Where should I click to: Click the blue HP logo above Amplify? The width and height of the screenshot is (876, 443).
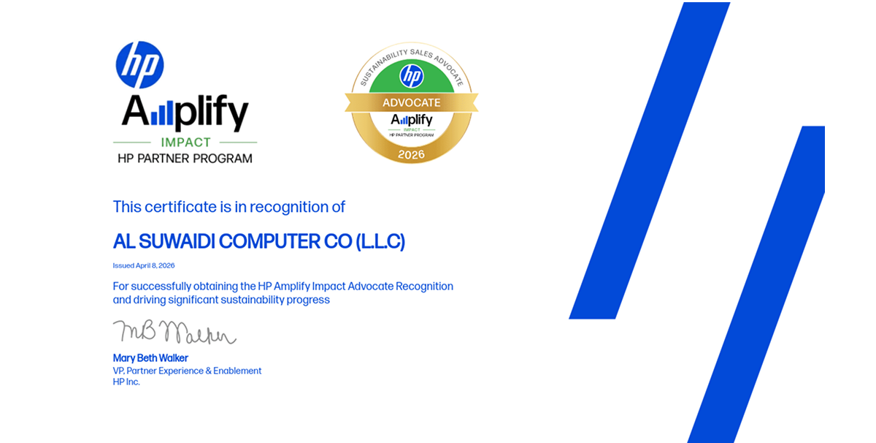click(139, 65)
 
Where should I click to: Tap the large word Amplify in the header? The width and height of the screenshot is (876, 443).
click(185, 113)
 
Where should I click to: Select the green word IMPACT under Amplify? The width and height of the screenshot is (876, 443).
click(185, 143)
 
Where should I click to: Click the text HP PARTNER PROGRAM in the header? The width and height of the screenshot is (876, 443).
click(185, 158)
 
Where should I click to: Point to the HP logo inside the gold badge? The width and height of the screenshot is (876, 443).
click(412, 75)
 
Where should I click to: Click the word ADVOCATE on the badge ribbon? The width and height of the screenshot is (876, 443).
click(412, 103)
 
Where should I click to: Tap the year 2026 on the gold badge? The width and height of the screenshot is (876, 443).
click(412, 155)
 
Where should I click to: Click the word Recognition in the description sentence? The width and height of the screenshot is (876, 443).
click(424, 286)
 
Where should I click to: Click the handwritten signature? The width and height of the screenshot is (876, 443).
click(174, 333)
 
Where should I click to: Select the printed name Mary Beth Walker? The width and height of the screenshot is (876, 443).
click(150, 358)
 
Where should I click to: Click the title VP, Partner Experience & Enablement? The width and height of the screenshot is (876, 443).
click(187, 371)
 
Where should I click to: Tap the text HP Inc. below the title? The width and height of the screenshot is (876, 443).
click(126, 382)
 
